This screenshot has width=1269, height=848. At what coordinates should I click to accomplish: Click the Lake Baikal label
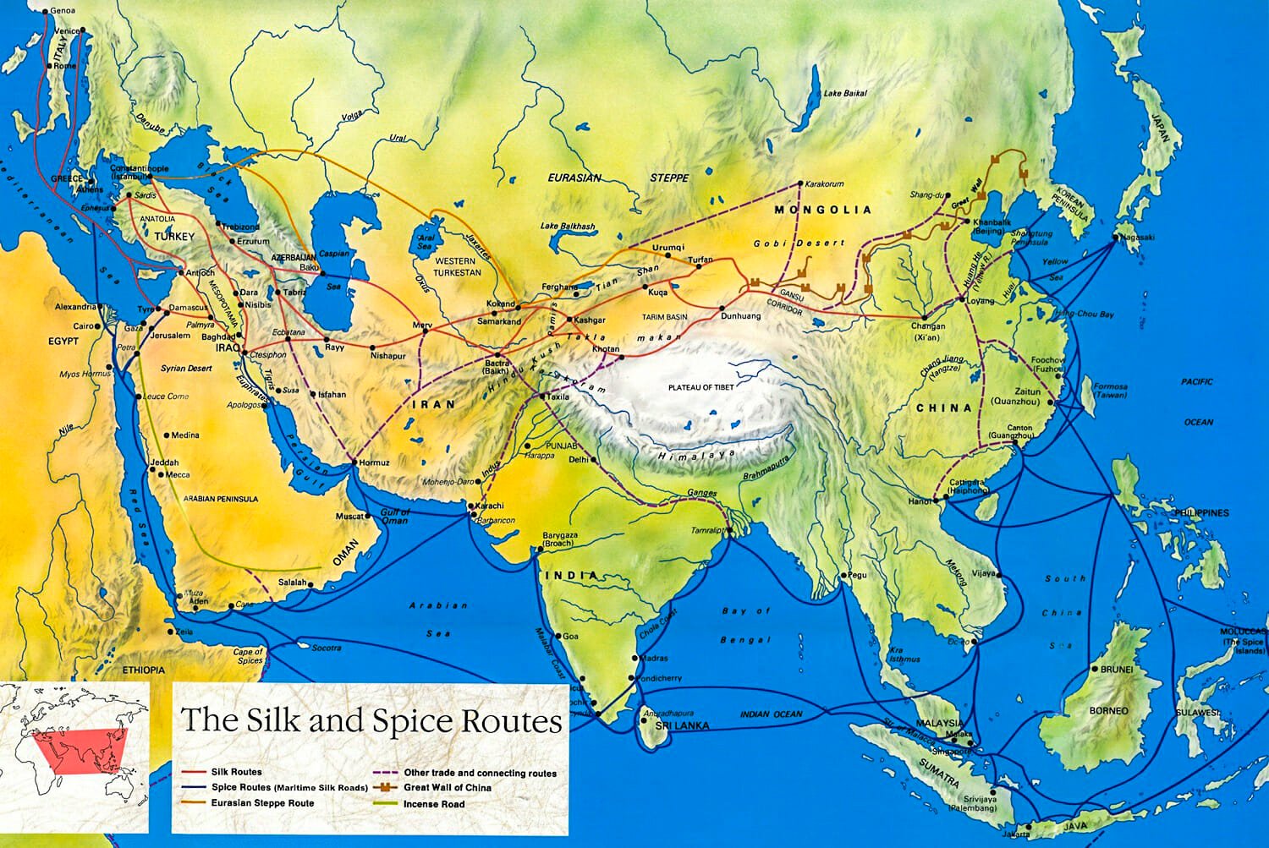click(845, 93)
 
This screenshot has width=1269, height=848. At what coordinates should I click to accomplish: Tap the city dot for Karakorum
click(800, 183)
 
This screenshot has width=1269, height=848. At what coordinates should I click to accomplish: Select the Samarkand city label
click(499, 322)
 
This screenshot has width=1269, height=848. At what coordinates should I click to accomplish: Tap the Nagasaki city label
click(1138, 238)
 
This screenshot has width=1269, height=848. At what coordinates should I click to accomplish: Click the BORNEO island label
click(1108, 711)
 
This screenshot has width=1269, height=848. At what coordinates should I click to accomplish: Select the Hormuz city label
click(374, 463)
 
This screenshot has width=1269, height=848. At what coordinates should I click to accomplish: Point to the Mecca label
click(178, 475)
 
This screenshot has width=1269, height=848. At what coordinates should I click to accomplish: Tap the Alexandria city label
click(76, 307)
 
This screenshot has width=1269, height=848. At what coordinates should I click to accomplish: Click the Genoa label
click(63, 11)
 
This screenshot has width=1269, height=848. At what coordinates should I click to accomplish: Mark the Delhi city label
click(578, 460)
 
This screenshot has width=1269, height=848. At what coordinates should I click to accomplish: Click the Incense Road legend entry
click(433, 804)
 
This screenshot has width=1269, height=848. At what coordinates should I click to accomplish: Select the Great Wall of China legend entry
click(448, 787)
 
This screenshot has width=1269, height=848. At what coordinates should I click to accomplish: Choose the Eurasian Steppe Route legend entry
click(262, 803)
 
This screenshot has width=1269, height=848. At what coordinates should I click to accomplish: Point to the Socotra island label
click(327, 648)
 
